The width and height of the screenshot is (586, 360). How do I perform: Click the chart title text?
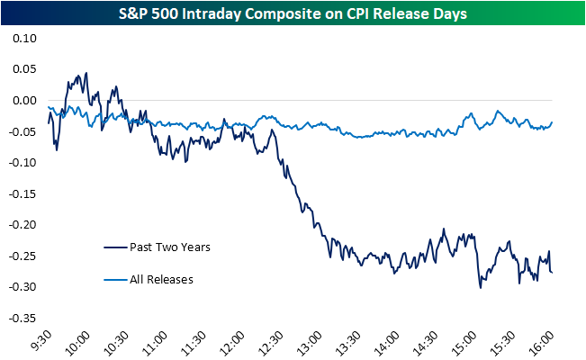pos(293,14)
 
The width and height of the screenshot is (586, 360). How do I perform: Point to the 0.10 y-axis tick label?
pos(24,39)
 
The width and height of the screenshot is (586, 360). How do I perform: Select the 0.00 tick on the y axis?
pos(24,101)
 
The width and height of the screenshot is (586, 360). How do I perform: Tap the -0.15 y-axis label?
pos(23,194)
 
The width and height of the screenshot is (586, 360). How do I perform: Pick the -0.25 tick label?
pos(23,256)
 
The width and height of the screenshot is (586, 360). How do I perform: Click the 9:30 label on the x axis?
pos(41,341)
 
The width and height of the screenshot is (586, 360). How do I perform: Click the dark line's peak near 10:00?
pos(86,74)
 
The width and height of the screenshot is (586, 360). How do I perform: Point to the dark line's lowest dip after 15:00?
pos(481,287)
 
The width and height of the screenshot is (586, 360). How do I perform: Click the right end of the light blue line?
pos(552,122)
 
